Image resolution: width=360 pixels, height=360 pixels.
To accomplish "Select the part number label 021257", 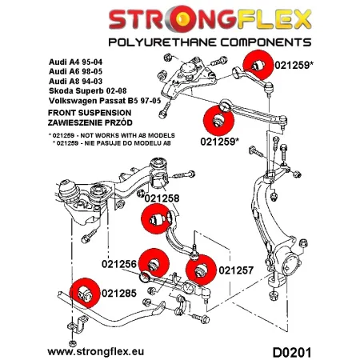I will tap(235, 270).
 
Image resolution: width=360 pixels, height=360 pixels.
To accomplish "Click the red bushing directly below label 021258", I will tap(154, 218).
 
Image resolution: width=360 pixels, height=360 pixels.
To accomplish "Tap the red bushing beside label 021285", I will tap(84, 294).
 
